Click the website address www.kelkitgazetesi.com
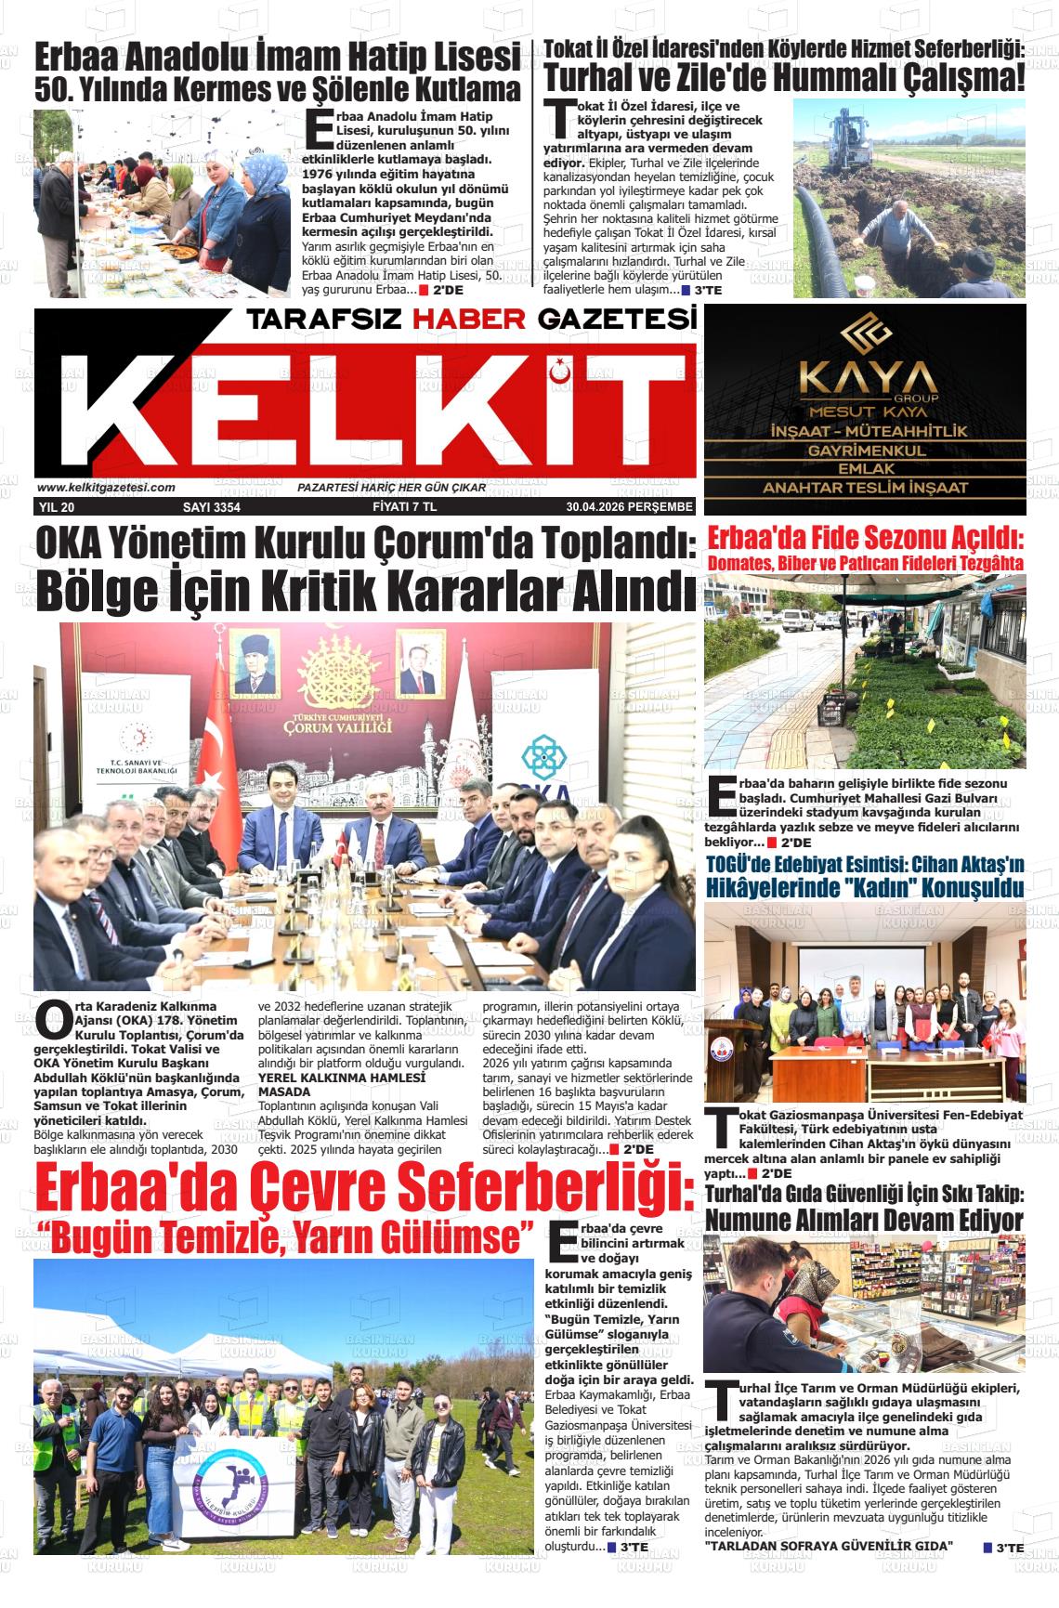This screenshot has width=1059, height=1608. (x=106, y=488)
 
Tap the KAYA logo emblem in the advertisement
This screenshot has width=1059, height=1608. (x=865, y=338)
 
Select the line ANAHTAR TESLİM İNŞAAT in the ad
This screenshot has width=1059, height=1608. (x=865, y=488)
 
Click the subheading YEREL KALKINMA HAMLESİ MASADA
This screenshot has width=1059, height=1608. (x=341, y=1084)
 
